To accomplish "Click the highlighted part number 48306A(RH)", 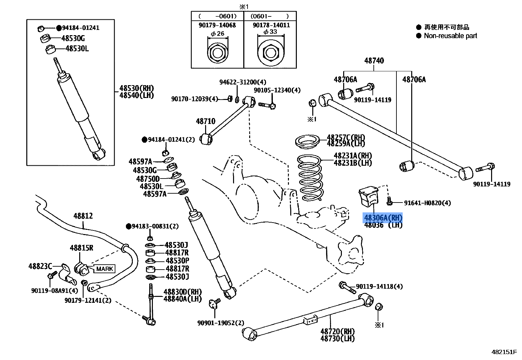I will click(383, 218).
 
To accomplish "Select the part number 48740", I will click(374, 60).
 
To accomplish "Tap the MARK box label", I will click(105, 269).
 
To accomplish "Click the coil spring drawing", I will click(310, 178).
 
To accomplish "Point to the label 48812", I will click(83, 216).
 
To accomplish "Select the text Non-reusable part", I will click(450, 36).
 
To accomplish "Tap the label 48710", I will click(205, 121).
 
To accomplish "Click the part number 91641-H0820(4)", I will click(427, 203).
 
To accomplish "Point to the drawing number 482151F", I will click(504, 352).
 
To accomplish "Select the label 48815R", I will click(81, 248).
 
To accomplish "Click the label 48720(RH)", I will click(337, 331).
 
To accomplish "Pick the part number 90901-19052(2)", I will click(221, 323).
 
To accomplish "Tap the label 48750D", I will click(148, 179).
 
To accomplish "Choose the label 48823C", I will click(40, 266).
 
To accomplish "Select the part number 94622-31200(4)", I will click(243, 82).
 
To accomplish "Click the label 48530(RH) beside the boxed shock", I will click(136, 88).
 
